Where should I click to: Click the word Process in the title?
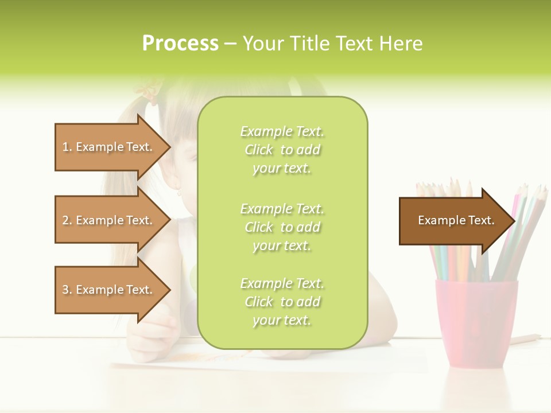(x=180, y=44)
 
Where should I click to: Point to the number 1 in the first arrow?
(x=65, y=147)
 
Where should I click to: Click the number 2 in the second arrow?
(x=65, y=220)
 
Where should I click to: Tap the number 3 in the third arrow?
(x=65, y=290)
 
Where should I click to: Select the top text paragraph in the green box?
(x=282, y=150)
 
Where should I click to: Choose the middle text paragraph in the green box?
(x=282, y=227)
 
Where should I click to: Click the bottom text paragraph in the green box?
(x=282, y=302)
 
